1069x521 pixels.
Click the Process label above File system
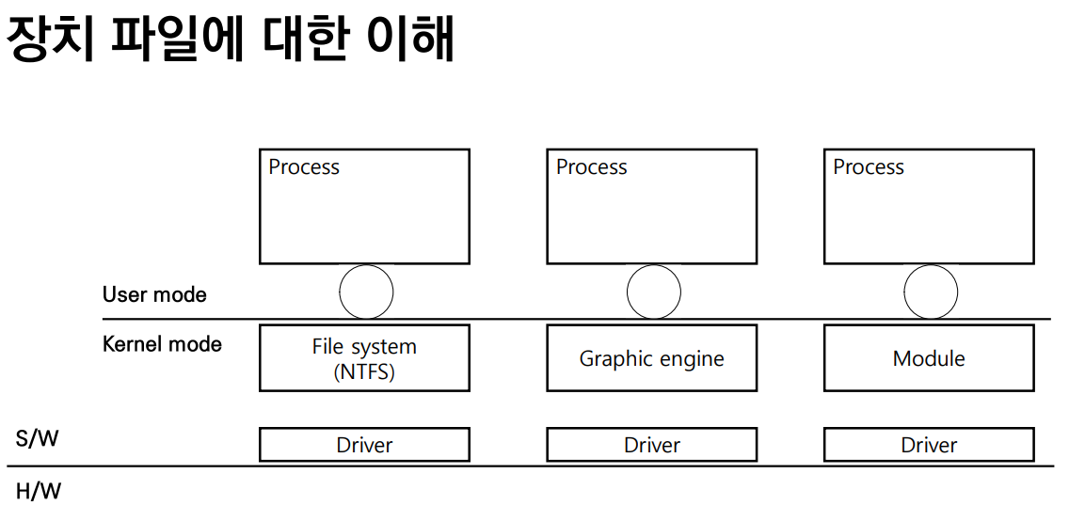[304, 167]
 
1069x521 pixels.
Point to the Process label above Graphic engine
[591, 167]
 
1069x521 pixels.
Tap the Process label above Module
[868, 167]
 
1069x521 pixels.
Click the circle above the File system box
[366, 292]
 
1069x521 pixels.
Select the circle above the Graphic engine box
[653, 292]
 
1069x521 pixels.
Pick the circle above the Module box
[930, 292]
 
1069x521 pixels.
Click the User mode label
[154, 294]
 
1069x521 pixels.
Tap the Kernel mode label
[162, 344]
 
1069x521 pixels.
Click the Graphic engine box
[651, 358]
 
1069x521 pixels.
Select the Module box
[929, 358]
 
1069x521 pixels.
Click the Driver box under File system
[364, 445]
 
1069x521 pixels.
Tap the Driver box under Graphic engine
[651, 445]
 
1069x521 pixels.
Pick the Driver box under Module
[929, 445]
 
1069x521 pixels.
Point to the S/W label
[37, 438]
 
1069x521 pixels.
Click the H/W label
[39, 491]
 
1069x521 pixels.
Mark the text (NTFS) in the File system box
[364, 371]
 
